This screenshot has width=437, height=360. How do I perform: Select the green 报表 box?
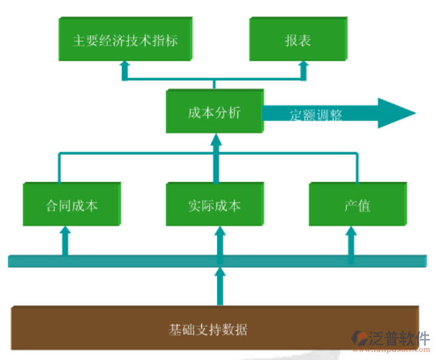298,40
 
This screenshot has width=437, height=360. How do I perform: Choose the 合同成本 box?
72,204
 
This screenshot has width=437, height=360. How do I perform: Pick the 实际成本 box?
214,204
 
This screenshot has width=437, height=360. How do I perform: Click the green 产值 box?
357,204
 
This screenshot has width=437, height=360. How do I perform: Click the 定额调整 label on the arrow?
316,114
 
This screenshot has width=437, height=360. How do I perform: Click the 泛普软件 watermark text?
399,339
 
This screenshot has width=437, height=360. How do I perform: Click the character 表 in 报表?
304,40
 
